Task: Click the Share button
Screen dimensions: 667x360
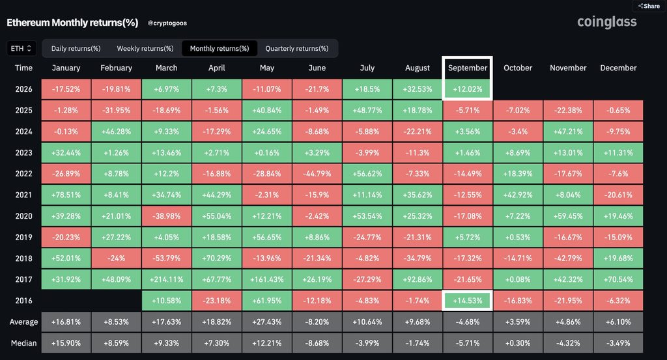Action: [649, 6]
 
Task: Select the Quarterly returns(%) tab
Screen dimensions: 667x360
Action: [297, 48]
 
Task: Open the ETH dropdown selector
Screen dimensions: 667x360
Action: [21, 48]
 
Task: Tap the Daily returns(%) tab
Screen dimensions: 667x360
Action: [76, 48]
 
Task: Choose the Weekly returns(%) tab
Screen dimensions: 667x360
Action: [145, 48]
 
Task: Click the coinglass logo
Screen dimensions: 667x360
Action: [606, 22]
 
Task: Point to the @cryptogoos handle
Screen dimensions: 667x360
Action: [167, 23]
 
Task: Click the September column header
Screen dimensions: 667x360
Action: [468, 68]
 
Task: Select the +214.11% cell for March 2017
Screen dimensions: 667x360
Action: [166, 280]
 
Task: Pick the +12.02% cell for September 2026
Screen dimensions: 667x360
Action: [468, 89]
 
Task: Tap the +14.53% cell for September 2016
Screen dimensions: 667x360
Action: [468, 301]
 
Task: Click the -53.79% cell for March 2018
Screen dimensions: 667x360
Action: [166, 258]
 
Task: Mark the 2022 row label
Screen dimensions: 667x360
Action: [24, 174]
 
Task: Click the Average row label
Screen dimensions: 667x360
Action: [24, 322]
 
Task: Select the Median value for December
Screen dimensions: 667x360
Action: [618, 343]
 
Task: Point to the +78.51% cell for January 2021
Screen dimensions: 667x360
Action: [66, 195]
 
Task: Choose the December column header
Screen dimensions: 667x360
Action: [618, 68]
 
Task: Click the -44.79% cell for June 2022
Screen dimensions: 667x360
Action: [317, 174]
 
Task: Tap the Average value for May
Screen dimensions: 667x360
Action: [266, 322]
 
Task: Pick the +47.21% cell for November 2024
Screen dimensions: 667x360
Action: [568, 132]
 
